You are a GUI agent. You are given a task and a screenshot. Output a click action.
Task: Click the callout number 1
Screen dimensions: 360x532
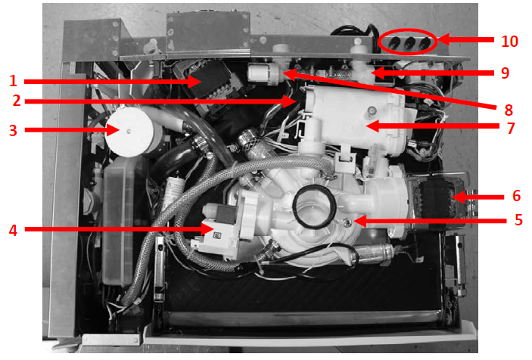click(x=12, y=78)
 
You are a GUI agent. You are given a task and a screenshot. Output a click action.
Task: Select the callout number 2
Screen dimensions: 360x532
click(x=12, y=101)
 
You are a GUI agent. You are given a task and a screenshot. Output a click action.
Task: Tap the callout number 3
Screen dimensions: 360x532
click(x=12, y=130)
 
